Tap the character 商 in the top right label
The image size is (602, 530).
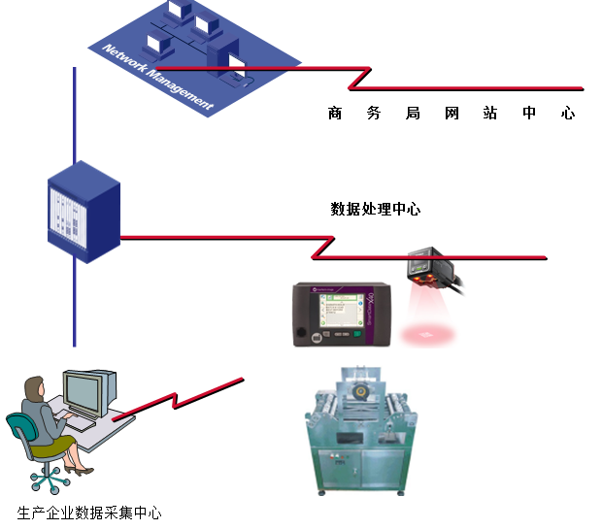[x=335, y=114]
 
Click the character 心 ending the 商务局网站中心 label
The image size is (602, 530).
[x=568, y=114]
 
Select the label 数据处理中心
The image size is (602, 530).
[x=376, y=209]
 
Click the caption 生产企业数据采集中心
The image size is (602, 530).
[x=89, y=513]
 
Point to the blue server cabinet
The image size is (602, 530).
[x=84, y=213]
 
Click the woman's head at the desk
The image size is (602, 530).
[x=35, y=389]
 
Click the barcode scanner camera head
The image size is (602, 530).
[x=427, y=267]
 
